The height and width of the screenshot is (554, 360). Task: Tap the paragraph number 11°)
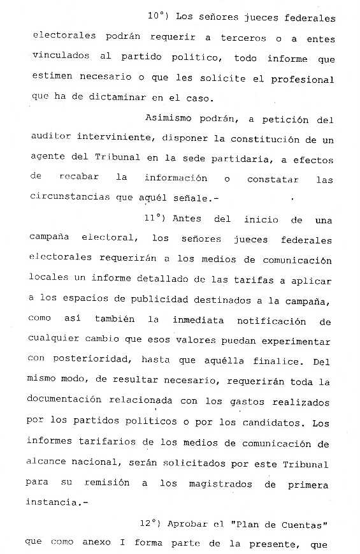[155, 219]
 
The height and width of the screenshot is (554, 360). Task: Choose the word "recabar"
[78, 179]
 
